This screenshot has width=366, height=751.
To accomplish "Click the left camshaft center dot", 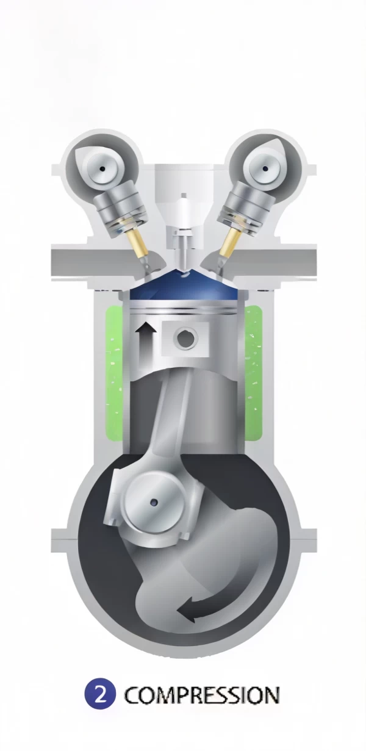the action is pos(102,168).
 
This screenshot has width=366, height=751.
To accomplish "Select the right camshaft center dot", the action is pos(265,168).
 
